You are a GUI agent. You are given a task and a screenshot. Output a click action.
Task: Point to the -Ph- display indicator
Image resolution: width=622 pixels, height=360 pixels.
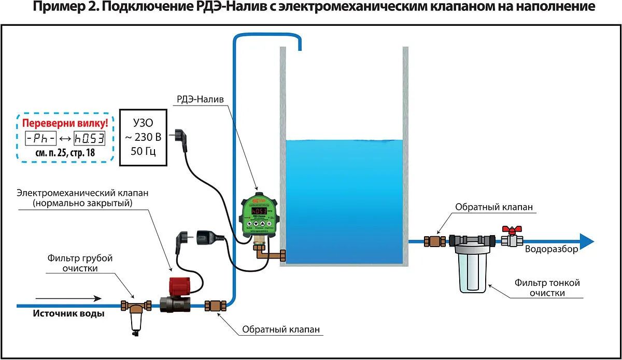pos(39,138)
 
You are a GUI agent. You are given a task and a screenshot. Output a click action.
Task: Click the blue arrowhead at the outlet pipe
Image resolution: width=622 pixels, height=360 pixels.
pos(586,241)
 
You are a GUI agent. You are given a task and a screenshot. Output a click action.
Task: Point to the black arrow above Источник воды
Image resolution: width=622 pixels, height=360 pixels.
pos(67,298)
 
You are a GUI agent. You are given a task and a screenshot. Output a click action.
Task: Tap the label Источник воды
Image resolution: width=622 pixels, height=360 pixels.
pos(68,313)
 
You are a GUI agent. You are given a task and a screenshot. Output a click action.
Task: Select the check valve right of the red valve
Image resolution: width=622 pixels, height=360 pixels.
pos(215,306)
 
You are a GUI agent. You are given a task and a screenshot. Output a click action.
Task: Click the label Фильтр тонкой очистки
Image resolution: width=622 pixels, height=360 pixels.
pos(547,288)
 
